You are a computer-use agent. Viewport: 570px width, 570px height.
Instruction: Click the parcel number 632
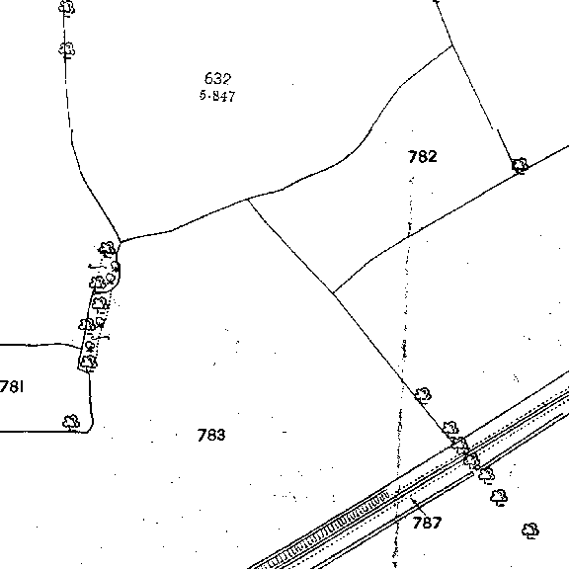[x=217, y=78]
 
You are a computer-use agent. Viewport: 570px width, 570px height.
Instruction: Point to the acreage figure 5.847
[x=217, y=96]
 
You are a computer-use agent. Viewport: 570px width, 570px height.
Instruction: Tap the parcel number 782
[x=423, y=157]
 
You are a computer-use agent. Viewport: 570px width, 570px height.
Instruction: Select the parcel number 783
[x=211, y=435]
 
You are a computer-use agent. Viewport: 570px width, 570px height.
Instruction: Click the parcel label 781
[x=12, y=387]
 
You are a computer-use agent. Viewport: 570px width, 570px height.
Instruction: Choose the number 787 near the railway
[x=427, y=523]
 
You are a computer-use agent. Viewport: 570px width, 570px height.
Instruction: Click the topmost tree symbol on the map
[x=66, y=7]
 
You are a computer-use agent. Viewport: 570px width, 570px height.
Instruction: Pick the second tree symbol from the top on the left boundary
[x=66, y=49]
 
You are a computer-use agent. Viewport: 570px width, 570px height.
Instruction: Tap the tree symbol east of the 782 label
[x=520, y=166]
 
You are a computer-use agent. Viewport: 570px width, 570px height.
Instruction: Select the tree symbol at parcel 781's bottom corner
[x=71, y=422]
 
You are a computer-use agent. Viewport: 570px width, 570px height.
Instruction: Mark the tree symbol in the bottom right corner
[x=530, y=530]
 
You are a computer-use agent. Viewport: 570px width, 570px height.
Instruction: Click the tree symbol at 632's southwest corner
[x=107, y=249]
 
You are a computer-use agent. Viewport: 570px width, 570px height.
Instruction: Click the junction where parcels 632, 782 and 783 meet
[x=248, y=200]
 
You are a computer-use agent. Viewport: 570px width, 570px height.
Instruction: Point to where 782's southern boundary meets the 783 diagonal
[x=334, y=292]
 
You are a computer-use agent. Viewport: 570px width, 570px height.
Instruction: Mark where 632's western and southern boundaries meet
[x=121, y=242]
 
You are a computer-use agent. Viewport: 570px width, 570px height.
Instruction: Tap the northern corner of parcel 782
[x=451, y=45]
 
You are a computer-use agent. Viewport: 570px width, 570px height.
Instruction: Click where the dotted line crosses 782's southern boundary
[x=409, y=236]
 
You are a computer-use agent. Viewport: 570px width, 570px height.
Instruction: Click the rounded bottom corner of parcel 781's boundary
[x=91, y=429]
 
